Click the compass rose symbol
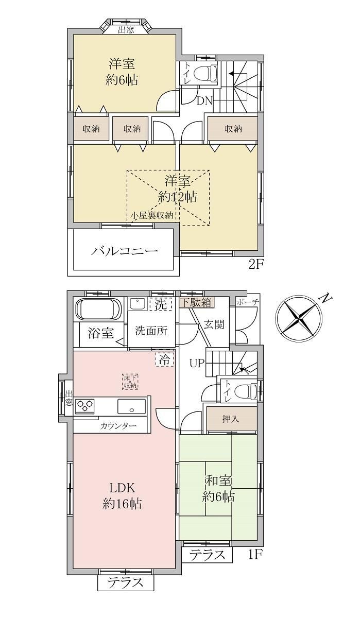(299, 320)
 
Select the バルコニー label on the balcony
(125, 251)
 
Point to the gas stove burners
(85, 406)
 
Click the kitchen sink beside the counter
(131, 406)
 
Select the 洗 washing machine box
(161, 304)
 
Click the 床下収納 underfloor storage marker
(130, 382)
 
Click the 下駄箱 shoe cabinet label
(196, 302)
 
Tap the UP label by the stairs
(197, 363)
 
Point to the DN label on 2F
(204, 101)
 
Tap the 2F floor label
(256, 266)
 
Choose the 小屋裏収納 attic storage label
(152, 215)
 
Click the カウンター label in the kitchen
(118, 426)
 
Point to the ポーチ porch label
(248, 302)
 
